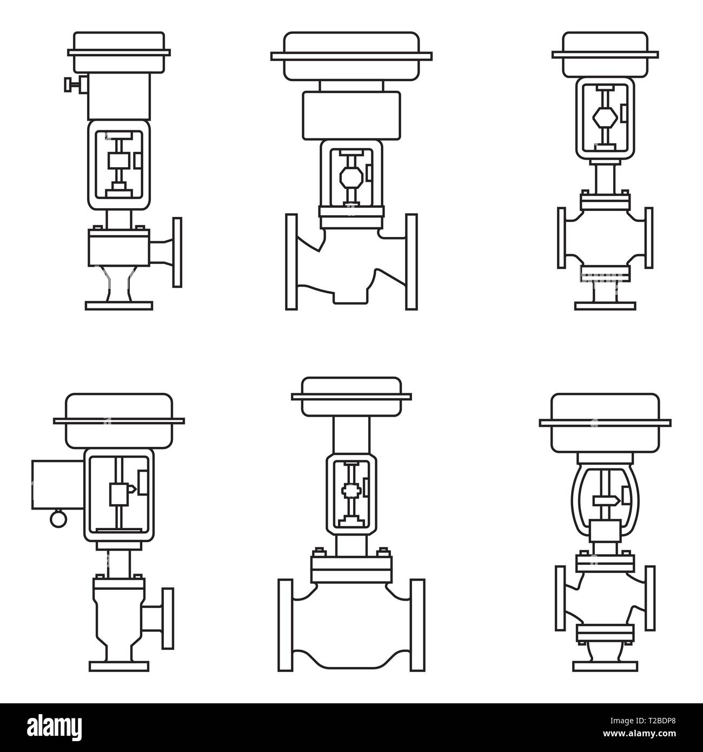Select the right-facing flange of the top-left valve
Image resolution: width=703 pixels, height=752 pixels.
click(176, 252)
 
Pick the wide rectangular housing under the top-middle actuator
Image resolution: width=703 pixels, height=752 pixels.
click(351, 115)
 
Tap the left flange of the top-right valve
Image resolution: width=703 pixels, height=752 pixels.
click(561, 238)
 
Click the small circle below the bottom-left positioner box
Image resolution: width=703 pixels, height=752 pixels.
click(57, 518)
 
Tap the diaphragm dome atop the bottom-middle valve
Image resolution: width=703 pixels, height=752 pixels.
click(351, 396)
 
